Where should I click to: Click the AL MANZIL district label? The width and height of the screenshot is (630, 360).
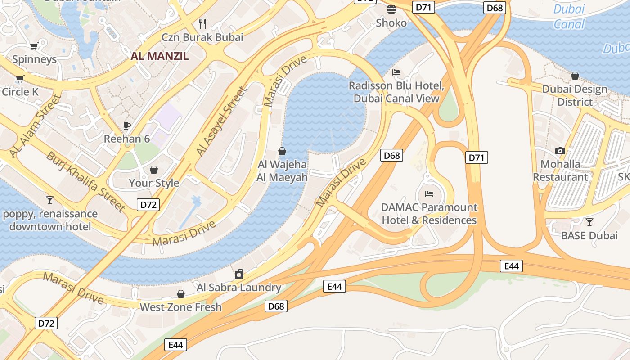click(160, 56)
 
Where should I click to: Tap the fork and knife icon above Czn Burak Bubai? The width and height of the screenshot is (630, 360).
click(202, 23)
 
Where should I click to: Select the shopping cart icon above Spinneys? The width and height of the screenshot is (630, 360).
click(34, 45)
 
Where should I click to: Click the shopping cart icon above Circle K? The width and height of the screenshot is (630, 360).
click(20, 79)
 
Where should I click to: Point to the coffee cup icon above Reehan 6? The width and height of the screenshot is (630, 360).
click(127, 125)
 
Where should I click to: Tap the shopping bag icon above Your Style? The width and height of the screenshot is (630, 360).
click(154, 170)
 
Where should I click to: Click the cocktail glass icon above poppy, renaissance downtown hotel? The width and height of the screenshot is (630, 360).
click(50, 199)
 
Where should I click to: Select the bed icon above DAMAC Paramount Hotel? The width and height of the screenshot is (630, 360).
click(429, 194)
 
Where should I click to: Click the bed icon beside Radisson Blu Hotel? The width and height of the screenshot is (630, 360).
click(396, 72)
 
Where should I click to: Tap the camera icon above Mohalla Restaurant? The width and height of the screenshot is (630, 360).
click(560, 151)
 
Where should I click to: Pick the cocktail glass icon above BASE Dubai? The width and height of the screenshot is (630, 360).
click(589, 222)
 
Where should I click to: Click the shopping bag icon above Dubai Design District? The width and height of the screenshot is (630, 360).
click(575, 76)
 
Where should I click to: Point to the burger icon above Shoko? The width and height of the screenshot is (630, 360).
click(391, 9)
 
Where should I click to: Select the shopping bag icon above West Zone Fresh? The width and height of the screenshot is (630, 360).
click(181, 294)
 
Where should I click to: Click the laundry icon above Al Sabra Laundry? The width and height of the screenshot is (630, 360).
click(239, 274)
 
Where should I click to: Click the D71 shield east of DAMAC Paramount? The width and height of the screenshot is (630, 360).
click(477, 157)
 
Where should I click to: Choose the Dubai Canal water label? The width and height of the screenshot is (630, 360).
click(569, 16)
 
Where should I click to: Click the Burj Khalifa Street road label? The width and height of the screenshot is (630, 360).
click(85, 181)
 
